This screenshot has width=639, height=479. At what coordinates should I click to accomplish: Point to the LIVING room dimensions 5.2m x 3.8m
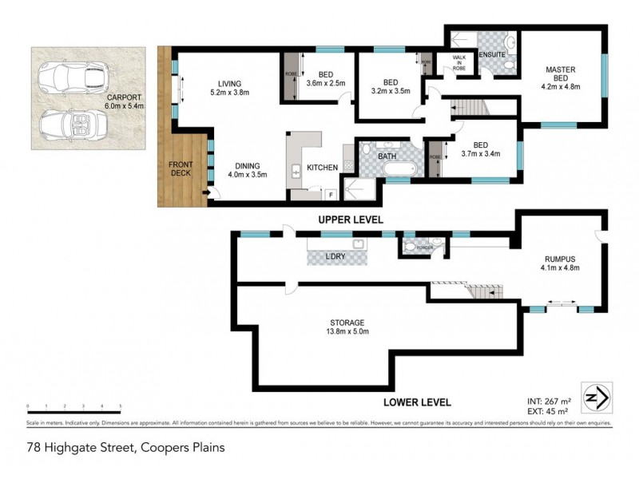pos(231,93)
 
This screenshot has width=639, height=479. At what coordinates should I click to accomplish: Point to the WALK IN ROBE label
pos(459,62)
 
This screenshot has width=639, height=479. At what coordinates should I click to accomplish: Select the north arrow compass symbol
pos(594,396)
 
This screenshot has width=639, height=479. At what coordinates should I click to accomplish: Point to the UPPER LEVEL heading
pos(351,219)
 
